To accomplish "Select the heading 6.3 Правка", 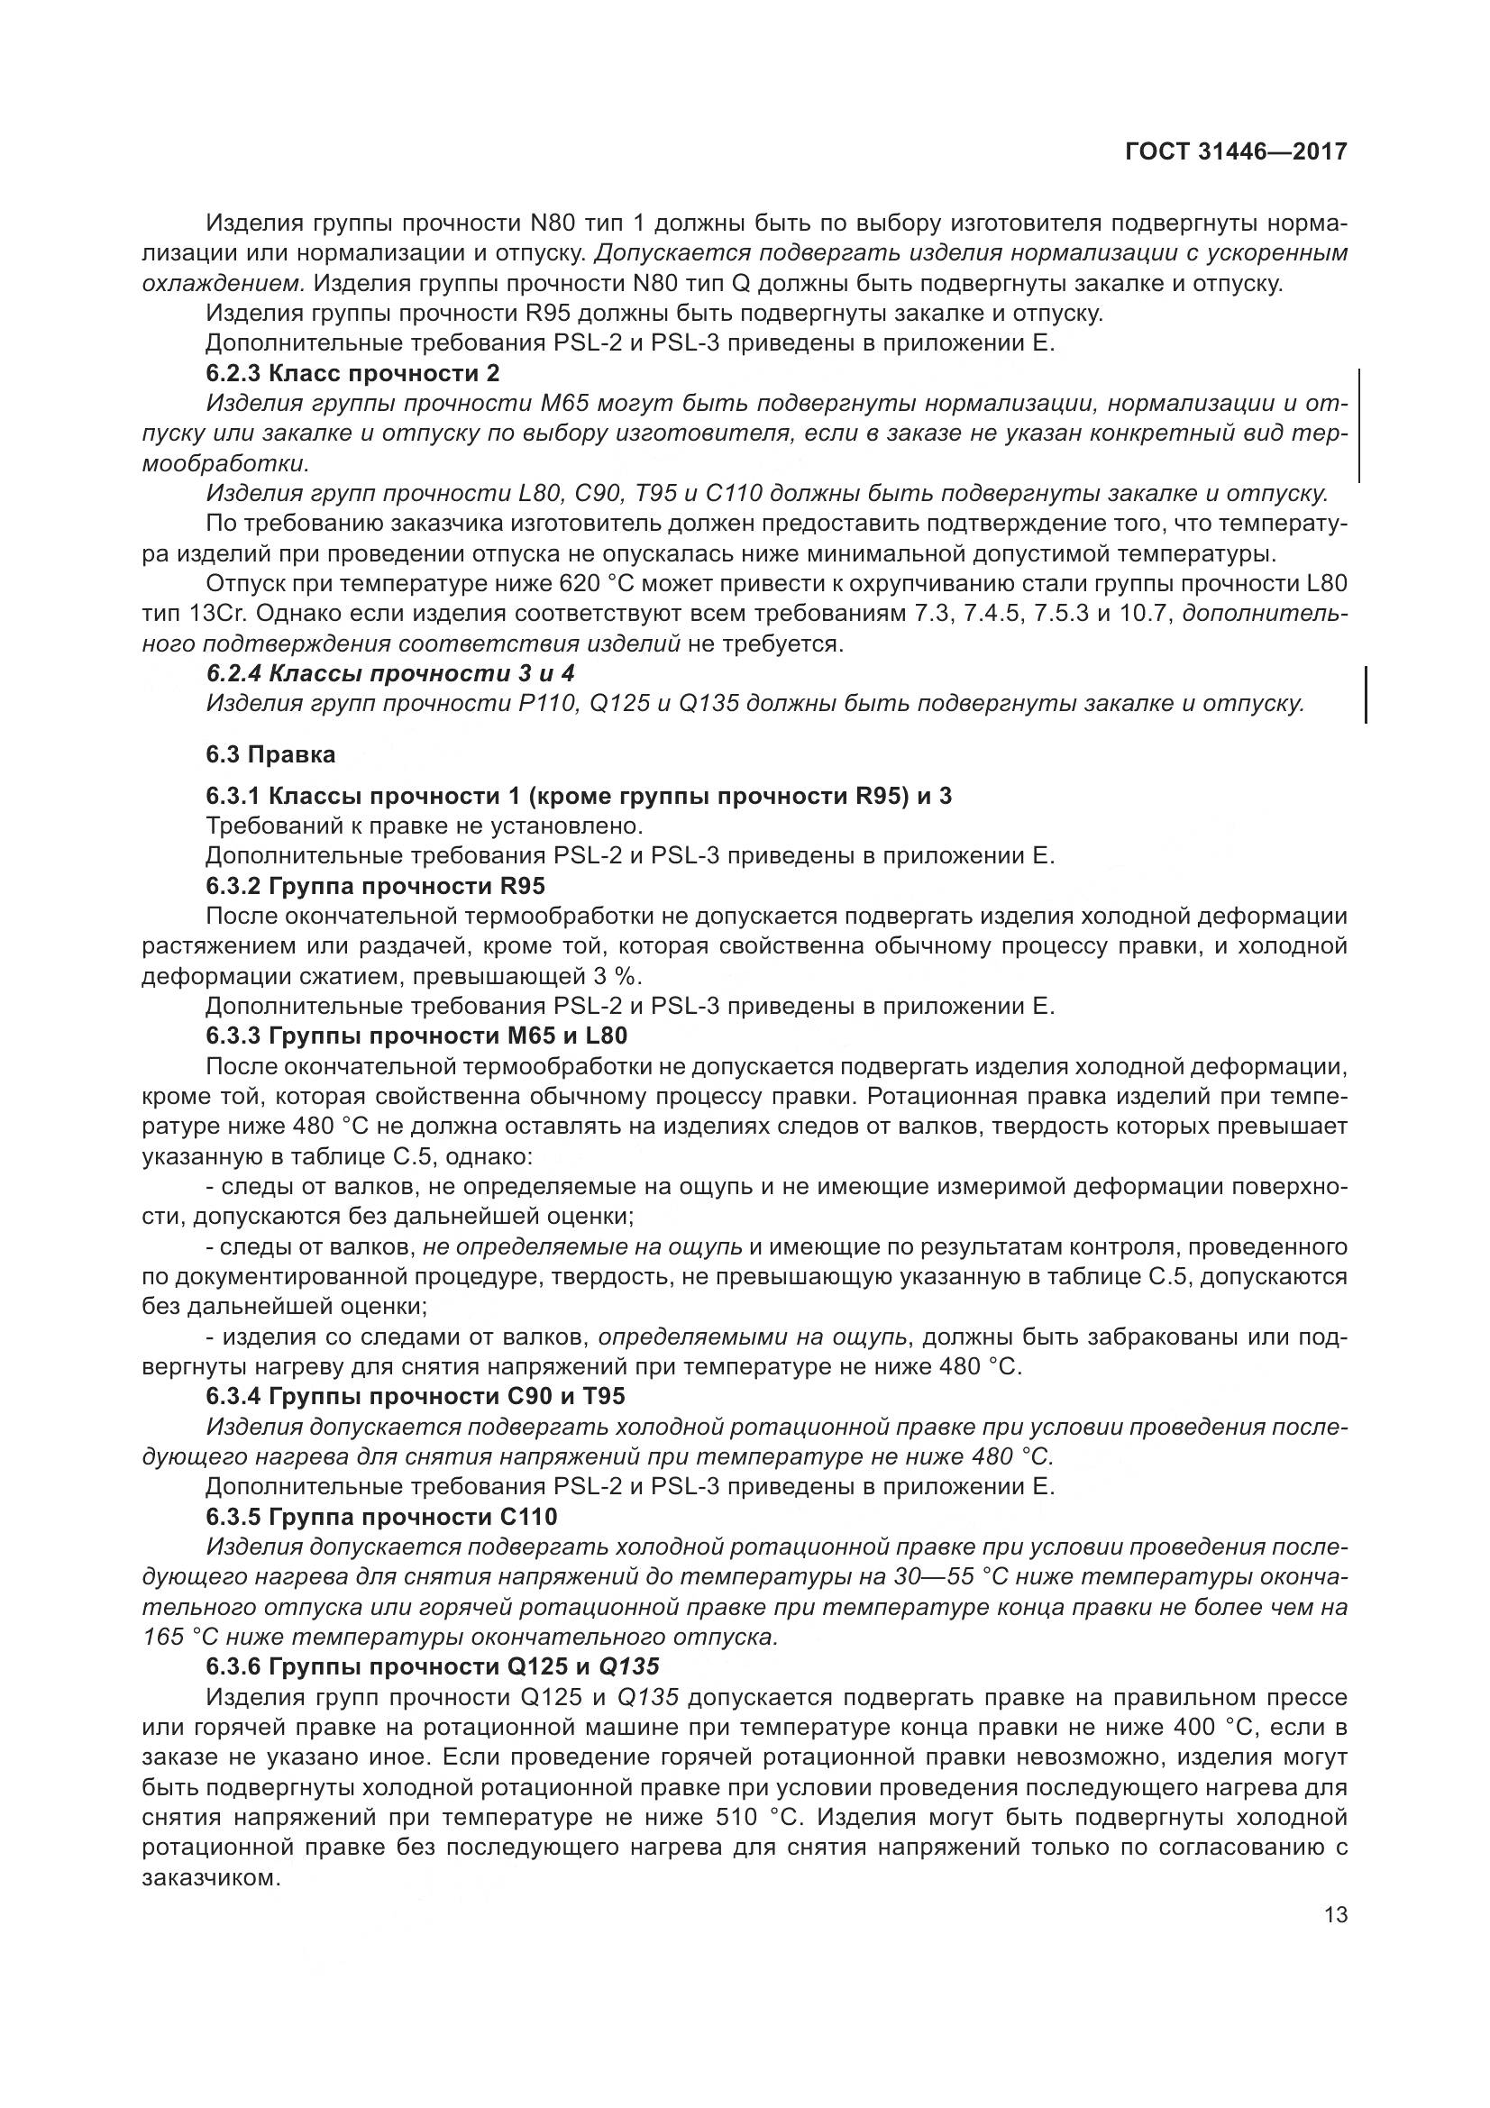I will pyautogui.click(x=270, y=754).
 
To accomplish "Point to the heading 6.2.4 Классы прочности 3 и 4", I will pyautogui.click(x=390, y=674).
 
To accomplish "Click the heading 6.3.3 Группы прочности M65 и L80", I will pyautogui.click(x=416, y=1036).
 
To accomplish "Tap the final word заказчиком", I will pyautogui.click(x=210, y=1877).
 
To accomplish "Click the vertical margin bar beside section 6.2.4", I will pyautogui.click(x=1367, y=695).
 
